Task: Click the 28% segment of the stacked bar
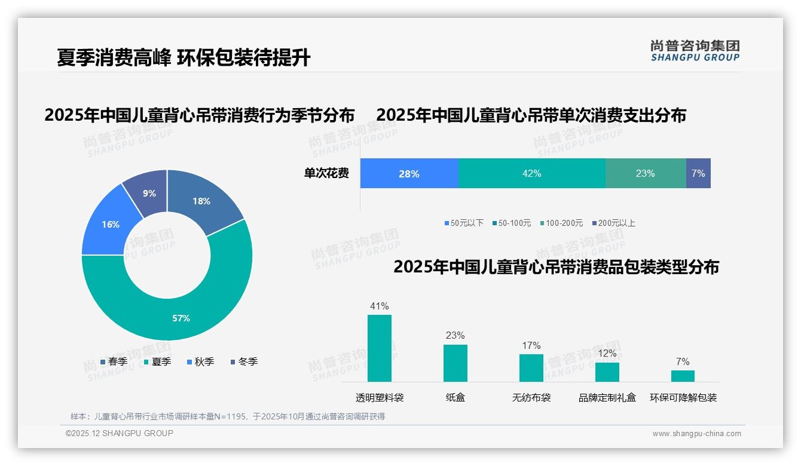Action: (409, 174)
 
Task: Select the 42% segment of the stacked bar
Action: (531, 174)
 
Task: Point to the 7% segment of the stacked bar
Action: (698, 174)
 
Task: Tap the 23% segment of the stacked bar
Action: (645, 174)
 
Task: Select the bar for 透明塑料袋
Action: (379, 348)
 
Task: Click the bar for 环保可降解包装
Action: (683, 376)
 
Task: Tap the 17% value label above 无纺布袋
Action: (531, 345)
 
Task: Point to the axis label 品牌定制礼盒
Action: (607, 397)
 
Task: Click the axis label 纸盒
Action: (455, 397)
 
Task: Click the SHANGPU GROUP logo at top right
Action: (695, 51)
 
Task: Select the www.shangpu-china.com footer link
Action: (696, 434)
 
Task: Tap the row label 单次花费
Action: (326, 174)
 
